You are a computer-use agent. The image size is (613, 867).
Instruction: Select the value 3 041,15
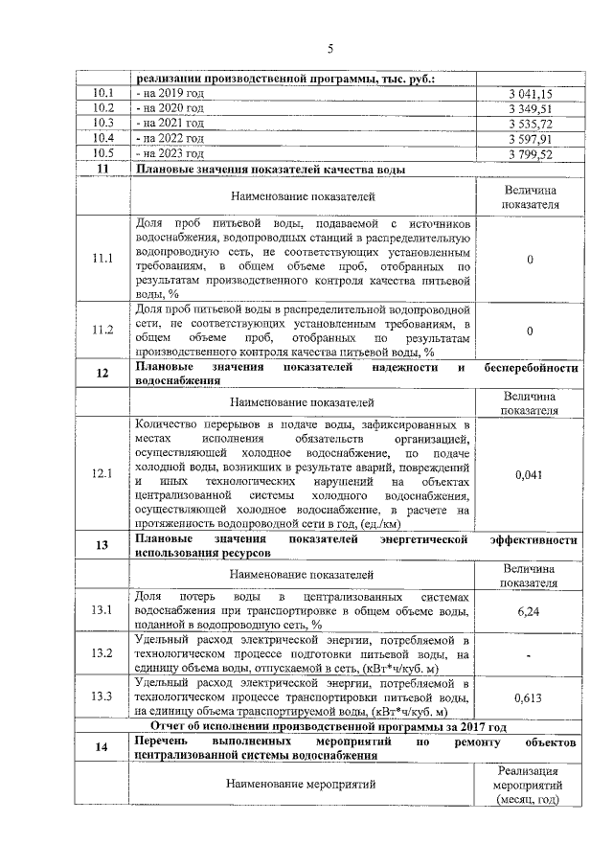pyautogui.click(x=531, y=94)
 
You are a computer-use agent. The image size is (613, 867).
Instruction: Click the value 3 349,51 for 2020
pyautogui.click(x=531, y=108)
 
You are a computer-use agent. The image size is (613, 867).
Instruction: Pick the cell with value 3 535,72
pyautogui.click(x=531, y=124)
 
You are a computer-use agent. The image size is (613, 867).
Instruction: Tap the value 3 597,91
pyautogui.click(x=531, y=138)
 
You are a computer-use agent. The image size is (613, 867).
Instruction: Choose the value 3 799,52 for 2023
pyautogui.click(x=531, y=153)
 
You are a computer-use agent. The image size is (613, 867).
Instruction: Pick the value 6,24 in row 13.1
pyautogui.click(x=530, y=610)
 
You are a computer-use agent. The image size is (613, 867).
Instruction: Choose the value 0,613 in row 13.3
pyautogui.click(x=530, y=697)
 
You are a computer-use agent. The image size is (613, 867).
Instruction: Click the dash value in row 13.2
pyautogui.click(x=530, y=654)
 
